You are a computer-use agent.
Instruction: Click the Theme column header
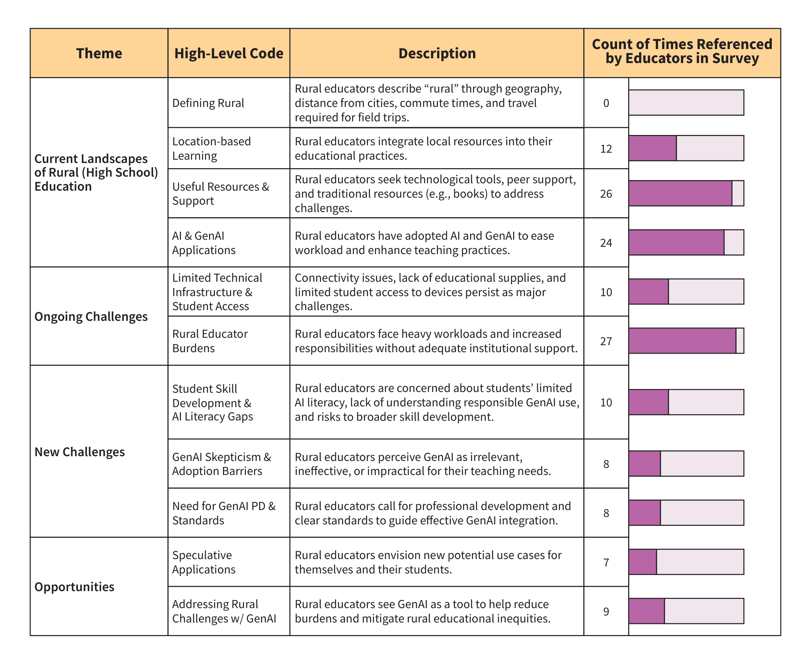point(99,53)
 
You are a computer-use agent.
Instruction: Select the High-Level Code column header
point(229,53)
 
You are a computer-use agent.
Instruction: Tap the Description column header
point(437,53)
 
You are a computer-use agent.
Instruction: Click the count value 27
point(606,341)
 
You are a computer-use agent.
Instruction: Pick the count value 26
point(606,194)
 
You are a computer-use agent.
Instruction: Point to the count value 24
point(606,243)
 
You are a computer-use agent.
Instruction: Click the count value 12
point(606,149)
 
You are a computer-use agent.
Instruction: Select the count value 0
point(606,103)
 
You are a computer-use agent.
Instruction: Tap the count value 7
point(606,562)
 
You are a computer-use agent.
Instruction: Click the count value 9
point(606,611)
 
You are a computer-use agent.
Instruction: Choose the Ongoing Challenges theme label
point(91,317)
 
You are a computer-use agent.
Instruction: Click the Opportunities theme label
point(74,587)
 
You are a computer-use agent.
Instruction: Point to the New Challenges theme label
point(80,452)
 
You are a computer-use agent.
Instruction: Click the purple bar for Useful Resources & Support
point(680,193)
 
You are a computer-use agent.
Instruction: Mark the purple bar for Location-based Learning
point(652,148)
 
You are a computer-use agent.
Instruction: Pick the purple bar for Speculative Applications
point(643,562)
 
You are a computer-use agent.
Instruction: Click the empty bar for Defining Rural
point(686,103)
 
